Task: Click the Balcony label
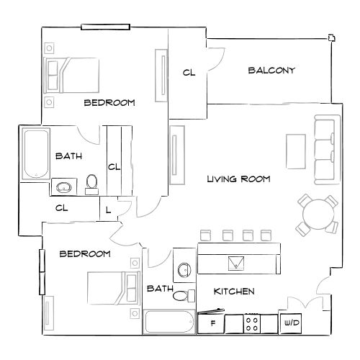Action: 271,71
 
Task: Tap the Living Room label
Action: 238,179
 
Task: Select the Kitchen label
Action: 235,292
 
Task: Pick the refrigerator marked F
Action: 213,323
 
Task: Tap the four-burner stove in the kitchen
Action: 253,323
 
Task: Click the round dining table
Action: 318,214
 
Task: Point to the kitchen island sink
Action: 236,262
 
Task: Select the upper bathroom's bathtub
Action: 35,154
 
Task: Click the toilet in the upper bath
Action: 91,184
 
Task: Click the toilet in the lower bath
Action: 186,295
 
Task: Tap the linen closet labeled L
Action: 108,210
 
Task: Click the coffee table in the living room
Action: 296,151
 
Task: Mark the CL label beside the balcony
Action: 189,72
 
